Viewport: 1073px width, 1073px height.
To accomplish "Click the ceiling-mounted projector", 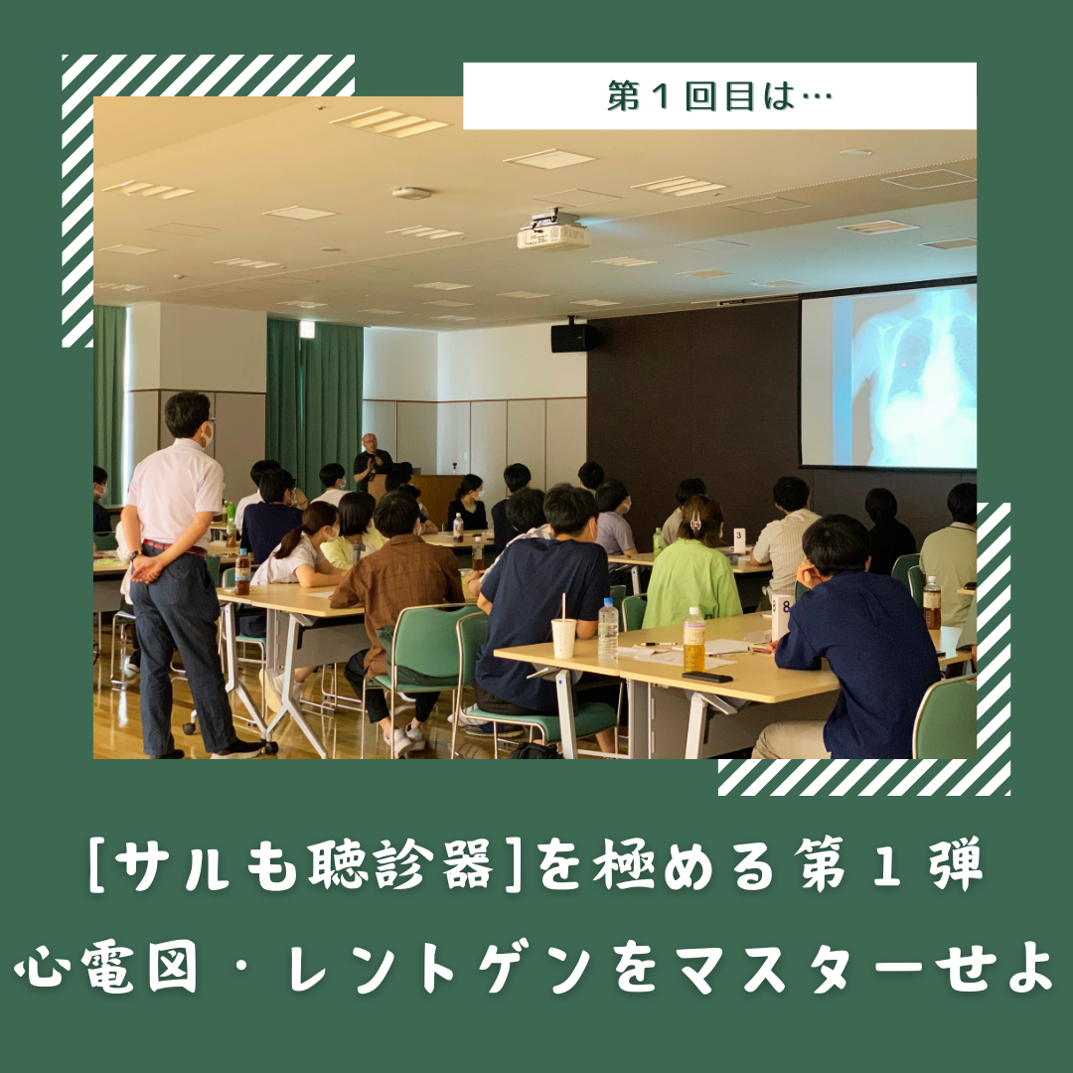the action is (553, 231).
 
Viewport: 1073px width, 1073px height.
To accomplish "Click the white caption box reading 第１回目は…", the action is (719, 95).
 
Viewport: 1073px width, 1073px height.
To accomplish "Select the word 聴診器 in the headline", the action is (399, 865).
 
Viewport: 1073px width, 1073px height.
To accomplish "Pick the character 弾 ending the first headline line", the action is (956, 865).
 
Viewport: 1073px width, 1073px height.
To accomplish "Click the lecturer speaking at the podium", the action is (372, 460).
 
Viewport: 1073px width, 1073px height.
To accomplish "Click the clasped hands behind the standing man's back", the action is (146, 566).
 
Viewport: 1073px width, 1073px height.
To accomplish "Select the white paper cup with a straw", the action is (564, 634).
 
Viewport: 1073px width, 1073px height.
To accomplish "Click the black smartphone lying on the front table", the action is (707, 677).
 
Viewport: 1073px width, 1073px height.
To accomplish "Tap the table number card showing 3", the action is (739, 539).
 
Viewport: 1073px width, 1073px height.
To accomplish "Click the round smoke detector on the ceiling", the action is (411, 193).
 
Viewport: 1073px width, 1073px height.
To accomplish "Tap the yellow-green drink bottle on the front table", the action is (693, 640).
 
